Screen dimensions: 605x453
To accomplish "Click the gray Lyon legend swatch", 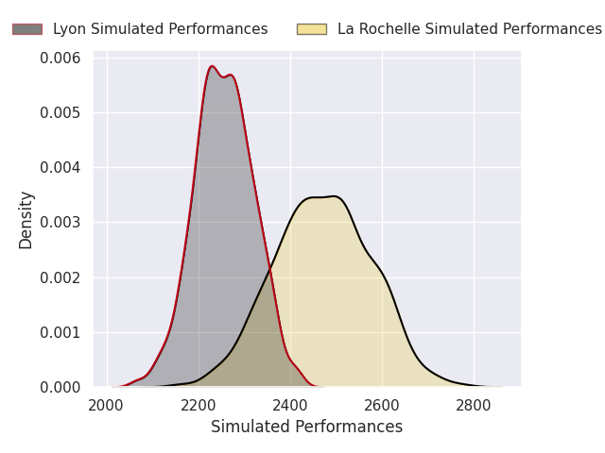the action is tap(27, 29).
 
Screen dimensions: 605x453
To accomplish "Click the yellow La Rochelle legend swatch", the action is tap(312, 29).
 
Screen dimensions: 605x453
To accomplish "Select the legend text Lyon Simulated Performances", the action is tap(160, 29).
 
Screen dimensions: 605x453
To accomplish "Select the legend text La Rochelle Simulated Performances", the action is tap(470, 29).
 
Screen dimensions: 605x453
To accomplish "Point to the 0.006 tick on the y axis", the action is tap(60, 59).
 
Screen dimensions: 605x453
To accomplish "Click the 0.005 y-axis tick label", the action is tap(60, 113).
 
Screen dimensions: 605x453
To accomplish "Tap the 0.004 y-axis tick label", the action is tap(60, 168).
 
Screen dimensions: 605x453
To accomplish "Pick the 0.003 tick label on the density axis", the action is tap(60, 223).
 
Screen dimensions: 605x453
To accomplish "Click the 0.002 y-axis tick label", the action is tap(60, 277).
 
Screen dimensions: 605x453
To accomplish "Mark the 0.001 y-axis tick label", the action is tap(60, 332).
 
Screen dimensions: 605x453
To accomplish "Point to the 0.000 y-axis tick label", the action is tap(60, 387).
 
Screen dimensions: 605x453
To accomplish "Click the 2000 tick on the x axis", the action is tap(106, 406).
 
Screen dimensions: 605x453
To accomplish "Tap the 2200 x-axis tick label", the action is tap(198, 406).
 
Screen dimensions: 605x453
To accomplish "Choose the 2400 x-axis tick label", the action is tap(290, 406).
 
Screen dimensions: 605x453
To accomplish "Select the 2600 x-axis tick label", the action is tap(382, 406).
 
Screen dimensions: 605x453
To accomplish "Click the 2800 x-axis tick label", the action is tap(474, 406).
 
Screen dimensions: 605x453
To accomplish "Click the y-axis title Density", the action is tap(26, 220).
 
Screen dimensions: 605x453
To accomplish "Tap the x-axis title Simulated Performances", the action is tap(306, 427).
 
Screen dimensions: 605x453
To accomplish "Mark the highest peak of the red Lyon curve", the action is tap(212, 66).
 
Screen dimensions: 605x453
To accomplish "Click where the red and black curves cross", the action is tap(270, 267).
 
